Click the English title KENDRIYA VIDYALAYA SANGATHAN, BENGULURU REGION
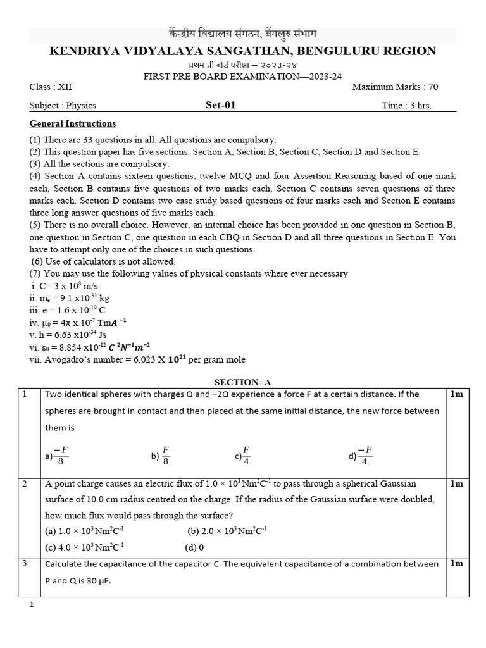point(242,51)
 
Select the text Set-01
point(220,105)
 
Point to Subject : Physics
point(63,106)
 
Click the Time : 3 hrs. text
point(406,106)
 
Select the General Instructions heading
point(73,123)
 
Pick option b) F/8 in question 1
point(161,456)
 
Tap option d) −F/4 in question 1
point(361,456)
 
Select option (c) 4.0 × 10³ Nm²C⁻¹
point(84,547)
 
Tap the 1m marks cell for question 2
point(456,484)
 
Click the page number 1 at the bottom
point(32,605)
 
